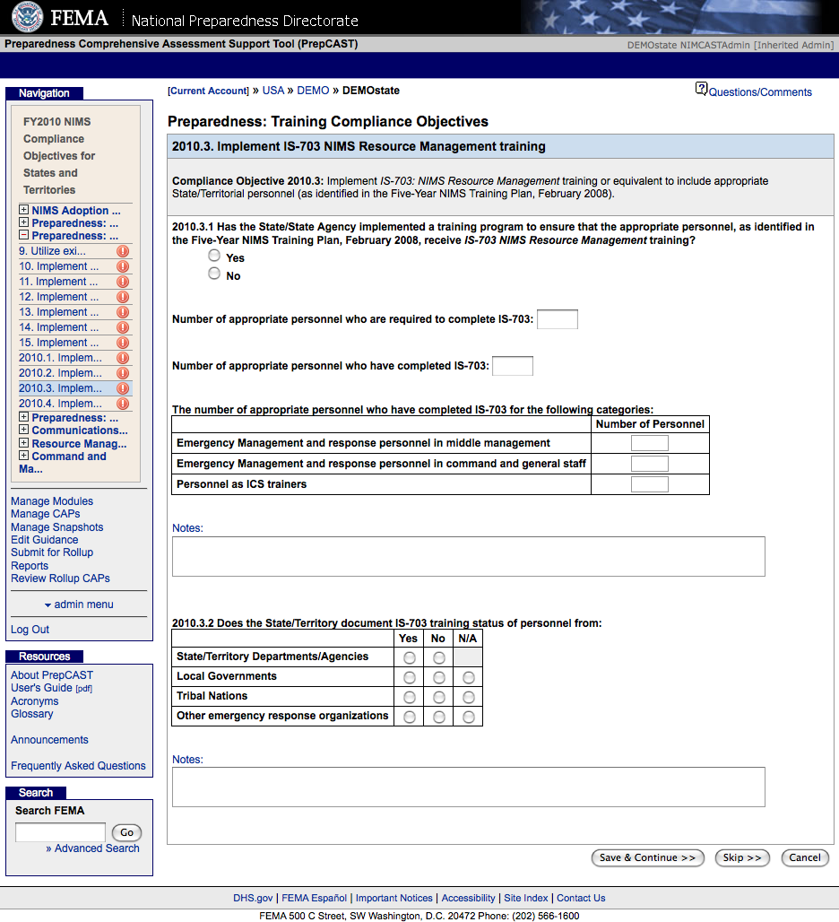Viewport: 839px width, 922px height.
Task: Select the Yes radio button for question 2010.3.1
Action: (x=214, y=256)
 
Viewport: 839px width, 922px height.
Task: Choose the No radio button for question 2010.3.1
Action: (x=214, y=274)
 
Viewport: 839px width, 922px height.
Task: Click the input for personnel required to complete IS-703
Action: (x=557, y=319)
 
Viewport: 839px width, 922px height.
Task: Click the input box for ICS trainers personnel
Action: (x=649, y=484)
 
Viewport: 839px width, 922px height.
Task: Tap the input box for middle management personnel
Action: (x=649, y=443)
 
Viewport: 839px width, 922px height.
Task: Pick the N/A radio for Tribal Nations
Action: (x=468, y=697)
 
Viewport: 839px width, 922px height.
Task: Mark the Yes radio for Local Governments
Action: (x=409, y=677)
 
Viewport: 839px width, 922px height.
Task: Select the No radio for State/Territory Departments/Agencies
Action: (x=438, y=657)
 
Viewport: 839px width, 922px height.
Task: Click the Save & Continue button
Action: (x=647, y=858)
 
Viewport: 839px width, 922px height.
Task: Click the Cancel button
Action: (x=804, y=858)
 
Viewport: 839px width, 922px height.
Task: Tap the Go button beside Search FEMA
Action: (x=126, y=832)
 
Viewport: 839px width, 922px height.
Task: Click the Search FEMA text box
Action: (x=60, y=832)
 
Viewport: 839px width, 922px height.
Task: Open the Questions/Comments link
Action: (x=760, y=92)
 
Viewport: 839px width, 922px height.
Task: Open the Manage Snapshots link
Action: (x=56, y=527)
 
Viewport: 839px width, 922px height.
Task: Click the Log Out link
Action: (x=30, y=630)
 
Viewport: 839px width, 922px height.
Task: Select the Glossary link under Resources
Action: (x=31, y=714)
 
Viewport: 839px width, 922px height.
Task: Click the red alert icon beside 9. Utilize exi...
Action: (x=123, y=251)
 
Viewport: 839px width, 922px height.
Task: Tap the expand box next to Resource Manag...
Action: (x=23, y=444)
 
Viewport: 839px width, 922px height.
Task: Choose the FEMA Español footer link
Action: (x=314, y=898)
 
